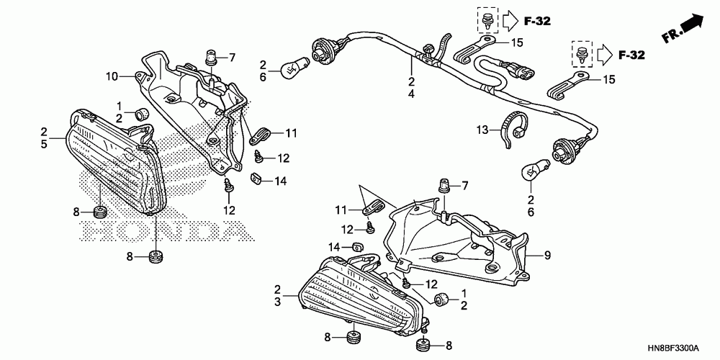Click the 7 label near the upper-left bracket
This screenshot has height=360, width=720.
233,57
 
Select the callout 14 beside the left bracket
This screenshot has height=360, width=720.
279,181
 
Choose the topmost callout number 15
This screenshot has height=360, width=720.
516,43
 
